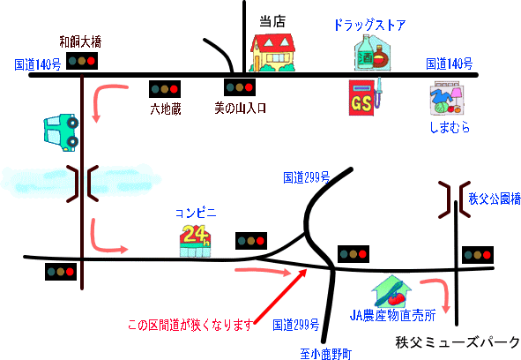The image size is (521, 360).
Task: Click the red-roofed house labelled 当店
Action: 272,53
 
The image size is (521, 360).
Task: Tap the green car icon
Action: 61,132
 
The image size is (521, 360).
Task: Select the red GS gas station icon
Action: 365,97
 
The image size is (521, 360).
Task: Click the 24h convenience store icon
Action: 196,241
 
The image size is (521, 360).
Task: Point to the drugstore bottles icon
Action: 372,53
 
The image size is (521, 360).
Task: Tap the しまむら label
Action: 450,127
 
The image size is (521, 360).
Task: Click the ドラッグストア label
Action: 369,25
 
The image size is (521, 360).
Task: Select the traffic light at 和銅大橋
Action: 82,61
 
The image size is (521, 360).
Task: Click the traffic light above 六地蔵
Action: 165,89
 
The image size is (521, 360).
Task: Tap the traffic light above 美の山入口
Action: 240,87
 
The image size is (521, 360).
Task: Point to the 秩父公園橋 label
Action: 495,199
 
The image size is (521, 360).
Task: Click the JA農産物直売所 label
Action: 393,315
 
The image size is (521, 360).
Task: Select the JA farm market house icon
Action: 391,291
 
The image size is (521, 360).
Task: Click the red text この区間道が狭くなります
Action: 190,325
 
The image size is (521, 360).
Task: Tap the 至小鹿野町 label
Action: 325,354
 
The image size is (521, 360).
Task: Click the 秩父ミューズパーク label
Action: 458,342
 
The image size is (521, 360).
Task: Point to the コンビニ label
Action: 196,213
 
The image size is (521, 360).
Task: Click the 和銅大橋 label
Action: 80,42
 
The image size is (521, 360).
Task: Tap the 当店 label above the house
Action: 272,22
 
